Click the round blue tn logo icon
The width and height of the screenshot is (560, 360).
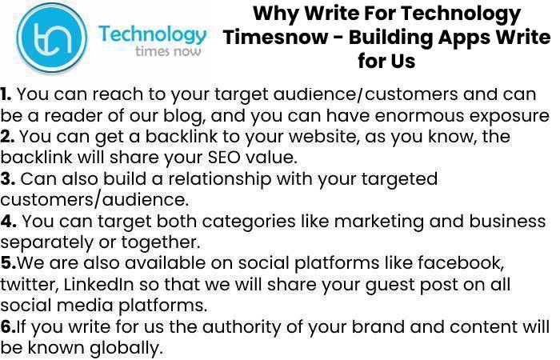coord(52,37)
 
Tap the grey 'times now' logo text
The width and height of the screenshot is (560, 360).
coord(168,51)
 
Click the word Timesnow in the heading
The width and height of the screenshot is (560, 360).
coord(275,37)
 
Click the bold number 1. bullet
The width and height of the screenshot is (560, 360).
coord(6,94)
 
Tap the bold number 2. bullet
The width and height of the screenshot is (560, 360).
coord(7,137)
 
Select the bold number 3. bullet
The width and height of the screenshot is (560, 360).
coord(7,179)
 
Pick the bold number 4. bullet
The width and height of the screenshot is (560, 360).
coord(8,221)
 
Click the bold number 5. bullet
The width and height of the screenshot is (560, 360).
coord(8,263)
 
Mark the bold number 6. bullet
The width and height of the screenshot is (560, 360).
coord(8,326)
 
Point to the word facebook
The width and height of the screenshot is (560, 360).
coord(461,263)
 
